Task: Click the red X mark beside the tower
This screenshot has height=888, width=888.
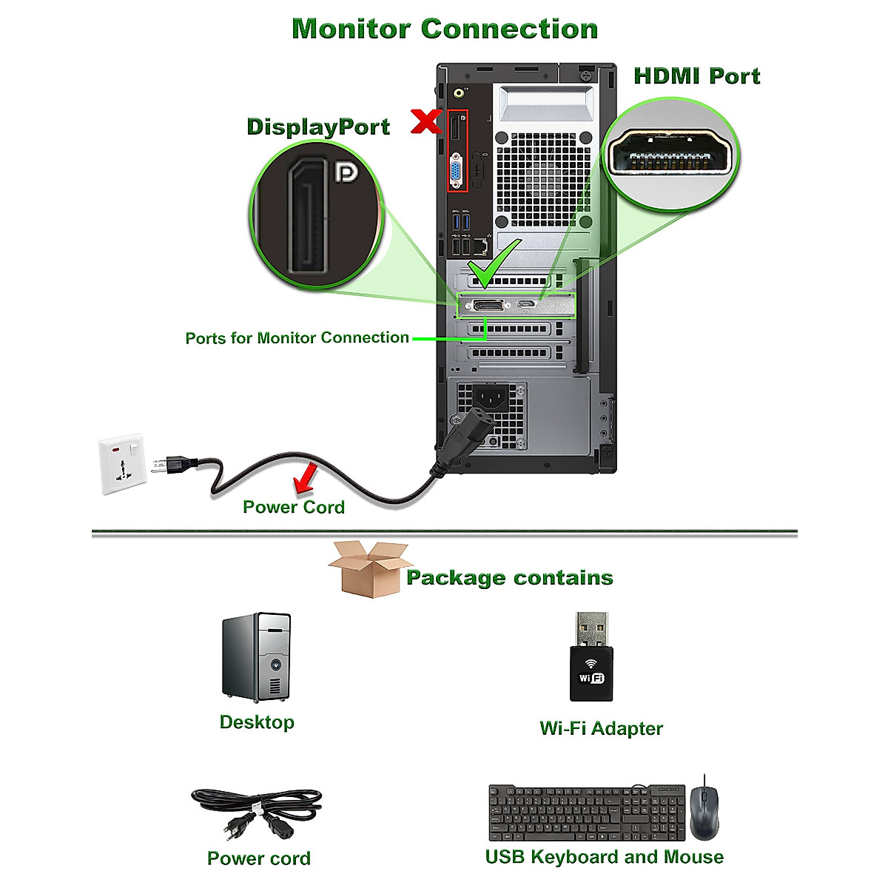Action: (426, 121)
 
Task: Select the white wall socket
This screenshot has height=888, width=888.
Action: (123, 463)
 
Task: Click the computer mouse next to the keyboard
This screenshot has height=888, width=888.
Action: (704, 811)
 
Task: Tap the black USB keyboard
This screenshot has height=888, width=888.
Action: (586, 813)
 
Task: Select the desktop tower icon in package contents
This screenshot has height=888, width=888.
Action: (257, 657)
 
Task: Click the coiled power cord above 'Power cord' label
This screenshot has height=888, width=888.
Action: (257, 813)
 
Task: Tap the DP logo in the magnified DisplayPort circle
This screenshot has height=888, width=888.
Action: (346, 172)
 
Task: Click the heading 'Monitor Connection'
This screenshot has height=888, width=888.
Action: (445, 29)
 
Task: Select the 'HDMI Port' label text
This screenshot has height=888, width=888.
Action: (696, 76)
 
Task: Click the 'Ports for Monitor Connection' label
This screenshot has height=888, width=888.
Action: (297, 338)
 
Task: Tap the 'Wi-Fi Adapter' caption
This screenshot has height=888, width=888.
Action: (601, 729)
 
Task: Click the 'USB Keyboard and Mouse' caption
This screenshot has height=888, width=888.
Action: (604, 858)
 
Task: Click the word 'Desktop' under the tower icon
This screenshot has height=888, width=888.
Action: (257, 722)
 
